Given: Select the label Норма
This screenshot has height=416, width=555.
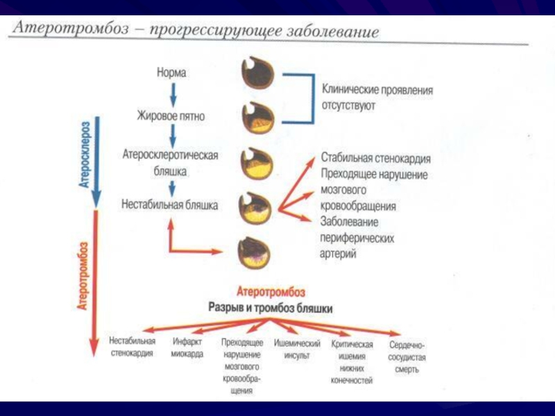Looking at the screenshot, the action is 171,71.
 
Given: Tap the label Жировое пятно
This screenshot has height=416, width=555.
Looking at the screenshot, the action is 171,116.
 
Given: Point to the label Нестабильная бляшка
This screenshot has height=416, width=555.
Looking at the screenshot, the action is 169,205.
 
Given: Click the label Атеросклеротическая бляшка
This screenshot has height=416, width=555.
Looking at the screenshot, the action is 170,161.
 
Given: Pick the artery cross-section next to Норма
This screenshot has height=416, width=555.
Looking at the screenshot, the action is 258,73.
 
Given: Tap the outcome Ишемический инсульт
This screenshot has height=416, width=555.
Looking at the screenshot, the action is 296,349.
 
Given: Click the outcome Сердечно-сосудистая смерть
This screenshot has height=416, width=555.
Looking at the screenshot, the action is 407,356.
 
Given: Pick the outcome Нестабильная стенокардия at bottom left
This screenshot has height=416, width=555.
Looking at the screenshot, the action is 132,347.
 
